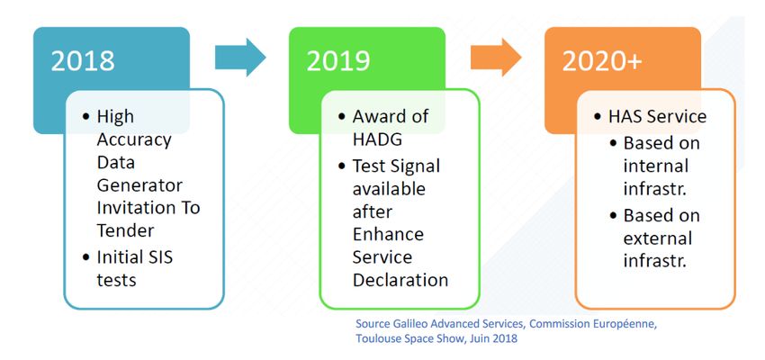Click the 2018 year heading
[x=83, y=61]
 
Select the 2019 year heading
[x=338, y=61]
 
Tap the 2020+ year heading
[x=601, y=61]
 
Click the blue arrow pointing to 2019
[x=240, y=58]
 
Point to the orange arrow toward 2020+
[x=496, y=58]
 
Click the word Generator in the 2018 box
[x=139, y=186]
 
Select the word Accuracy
[x=134, y=140]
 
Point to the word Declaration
[x=400, y=280]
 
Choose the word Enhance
[x=388, y=234]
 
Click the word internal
[x=655, y=166]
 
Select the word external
[x=658, y=238]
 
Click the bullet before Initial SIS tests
[x=86, y=257]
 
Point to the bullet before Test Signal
[x=342, y=166]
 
